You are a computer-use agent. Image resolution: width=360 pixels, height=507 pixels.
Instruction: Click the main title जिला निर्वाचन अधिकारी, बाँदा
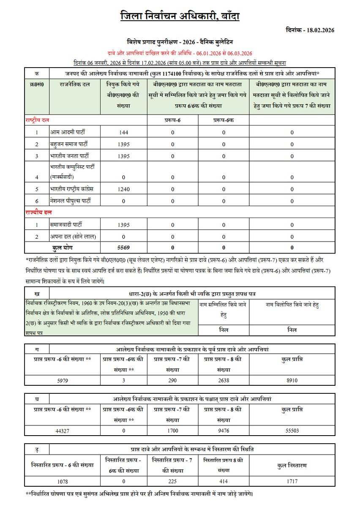180,16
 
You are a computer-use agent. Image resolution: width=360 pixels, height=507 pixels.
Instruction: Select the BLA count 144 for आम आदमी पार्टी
123,133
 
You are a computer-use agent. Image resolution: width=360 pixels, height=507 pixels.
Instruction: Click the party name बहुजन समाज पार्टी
69,144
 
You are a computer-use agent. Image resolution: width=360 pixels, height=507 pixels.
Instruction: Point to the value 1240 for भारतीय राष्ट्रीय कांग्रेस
123,190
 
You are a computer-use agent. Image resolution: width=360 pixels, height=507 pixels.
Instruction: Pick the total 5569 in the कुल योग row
123,247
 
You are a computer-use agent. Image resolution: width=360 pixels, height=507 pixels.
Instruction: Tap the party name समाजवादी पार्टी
66,224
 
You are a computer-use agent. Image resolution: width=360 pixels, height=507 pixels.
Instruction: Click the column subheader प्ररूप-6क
224,120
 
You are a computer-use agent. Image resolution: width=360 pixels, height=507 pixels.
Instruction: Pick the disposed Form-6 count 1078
63,481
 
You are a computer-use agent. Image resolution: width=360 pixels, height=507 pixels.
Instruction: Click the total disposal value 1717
292,481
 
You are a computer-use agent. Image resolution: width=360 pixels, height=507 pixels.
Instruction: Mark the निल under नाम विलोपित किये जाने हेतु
292,330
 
